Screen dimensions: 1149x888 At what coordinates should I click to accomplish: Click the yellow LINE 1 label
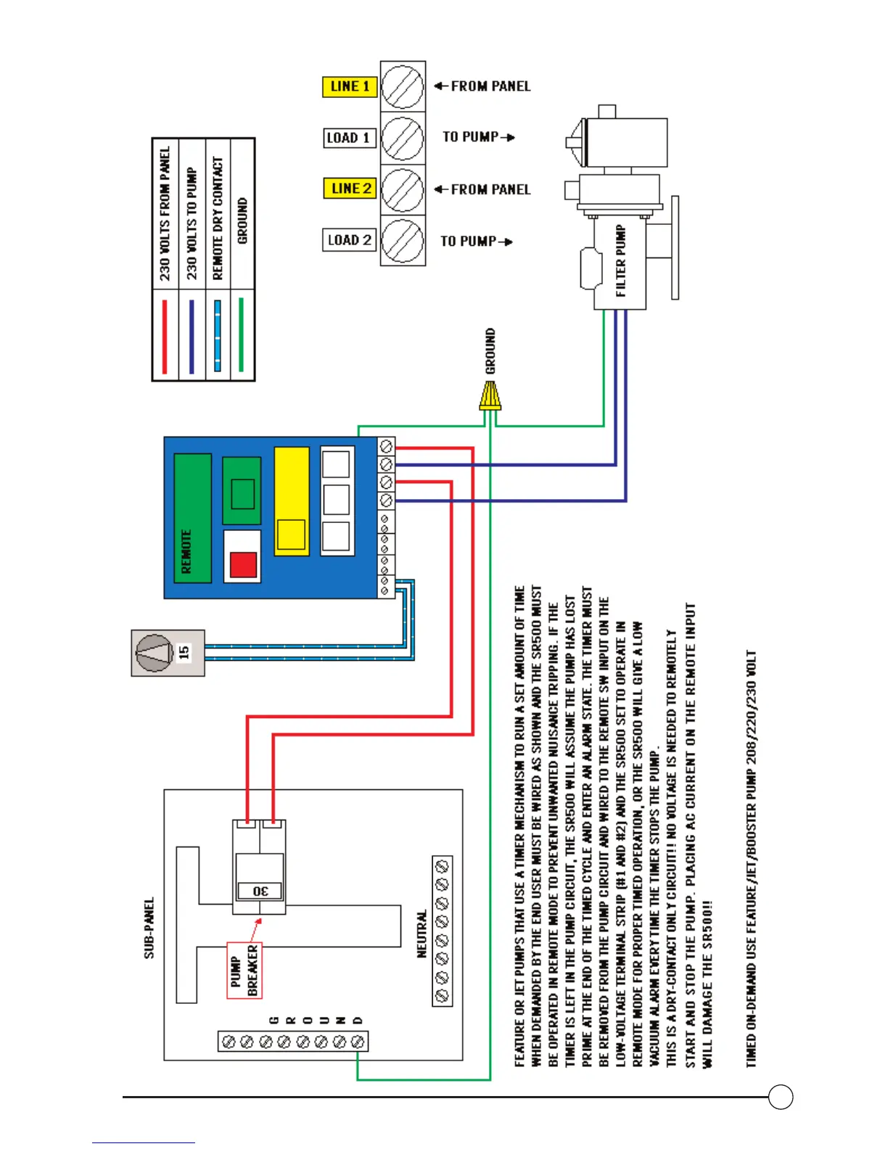click(350, 86)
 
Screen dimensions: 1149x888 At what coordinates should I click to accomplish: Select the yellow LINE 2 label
click(350, 189)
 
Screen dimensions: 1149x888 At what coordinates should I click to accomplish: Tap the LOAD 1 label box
click(349, 138)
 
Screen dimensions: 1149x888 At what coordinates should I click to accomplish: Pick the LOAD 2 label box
click(349, 240)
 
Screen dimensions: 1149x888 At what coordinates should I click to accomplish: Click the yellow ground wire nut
click(490, 397)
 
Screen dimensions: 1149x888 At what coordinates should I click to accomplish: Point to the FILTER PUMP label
click(621, 260)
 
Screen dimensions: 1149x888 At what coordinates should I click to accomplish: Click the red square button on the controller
click(243, 565)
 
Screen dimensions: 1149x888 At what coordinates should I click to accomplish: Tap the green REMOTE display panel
click(192, 518)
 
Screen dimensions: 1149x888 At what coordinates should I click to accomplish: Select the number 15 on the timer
click(184, 652)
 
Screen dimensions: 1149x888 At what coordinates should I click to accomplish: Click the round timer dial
click(155, 653)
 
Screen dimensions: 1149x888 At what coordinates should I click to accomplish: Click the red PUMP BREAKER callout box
click(244, 970)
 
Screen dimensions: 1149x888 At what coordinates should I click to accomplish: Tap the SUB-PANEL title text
click(149, 928)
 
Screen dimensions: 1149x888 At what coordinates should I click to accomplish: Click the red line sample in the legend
click(165, 336)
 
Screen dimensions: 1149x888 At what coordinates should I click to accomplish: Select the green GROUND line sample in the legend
click(242, 336)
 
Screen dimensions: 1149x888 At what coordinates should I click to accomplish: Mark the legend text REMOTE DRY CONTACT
click(218, 218)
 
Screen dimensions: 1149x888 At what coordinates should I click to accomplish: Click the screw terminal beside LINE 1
click(403, 86)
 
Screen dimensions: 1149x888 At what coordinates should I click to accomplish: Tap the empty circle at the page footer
click(781, 1097)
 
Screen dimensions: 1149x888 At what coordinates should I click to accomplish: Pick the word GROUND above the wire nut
click(491, 350)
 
